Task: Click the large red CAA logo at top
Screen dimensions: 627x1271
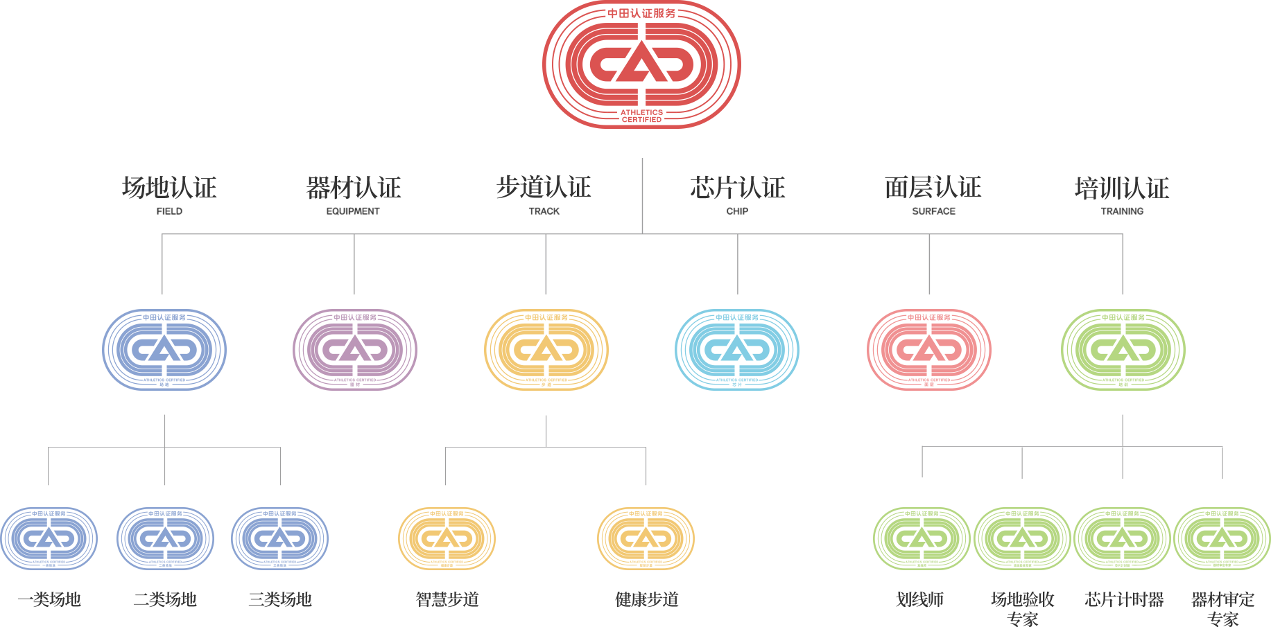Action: tap(641, 64)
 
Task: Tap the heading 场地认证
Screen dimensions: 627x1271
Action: tap(169, 188)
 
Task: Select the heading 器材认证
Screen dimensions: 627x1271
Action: tap(354, 188)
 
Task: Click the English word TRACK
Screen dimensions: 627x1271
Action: tap(544, 211)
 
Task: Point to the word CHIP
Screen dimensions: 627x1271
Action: tap(737, 211)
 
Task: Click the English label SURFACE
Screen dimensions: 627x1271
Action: tap(933, 211)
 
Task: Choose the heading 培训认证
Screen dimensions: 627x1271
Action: tap(1122, 188)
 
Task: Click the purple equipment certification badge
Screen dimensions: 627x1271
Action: tap(354, 350)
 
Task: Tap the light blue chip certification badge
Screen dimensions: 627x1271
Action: tap(737, 350)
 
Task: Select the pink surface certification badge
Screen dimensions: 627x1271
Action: tap(929, 350)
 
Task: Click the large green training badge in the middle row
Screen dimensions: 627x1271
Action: tap(1123, 350)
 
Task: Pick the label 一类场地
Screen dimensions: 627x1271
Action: tap(49, 599)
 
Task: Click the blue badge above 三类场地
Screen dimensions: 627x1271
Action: tap(279, 538)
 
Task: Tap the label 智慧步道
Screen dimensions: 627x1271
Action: tap(447, 599)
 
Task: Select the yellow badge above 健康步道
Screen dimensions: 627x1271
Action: tap(646, 538)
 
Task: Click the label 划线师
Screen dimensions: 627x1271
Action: tap(920, 599)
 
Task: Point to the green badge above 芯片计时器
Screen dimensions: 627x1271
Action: tap(1123, 538)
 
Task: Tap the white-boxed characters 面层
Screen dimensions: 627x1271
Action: tap(907, 188)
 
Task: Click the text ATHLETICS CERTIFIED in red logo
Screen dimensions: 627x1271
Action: tap(641, 116)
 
